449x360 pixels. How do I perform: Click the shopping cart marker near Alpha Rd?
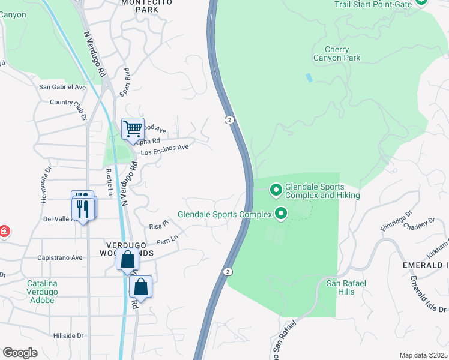[133, 128]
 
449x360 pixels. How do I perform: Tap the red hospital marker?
[4, 232]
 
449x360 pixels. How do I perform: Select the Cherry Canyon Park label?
[337, 54]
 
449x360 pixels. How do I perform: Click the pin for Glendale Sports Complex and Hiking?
[276, 190]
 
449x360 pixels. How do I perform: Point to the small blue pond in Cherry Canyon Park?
[309, 77]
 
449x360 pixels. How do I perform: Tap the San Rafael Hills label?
[340, 287]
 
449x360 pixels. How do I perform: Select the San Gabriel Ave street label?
[62, 87]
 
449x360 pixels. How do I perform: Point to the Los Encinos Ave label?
[164, 149]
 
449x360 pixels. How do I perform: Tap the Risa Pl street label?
[159, 227]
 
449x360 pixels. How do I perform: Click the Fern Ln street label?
[167, 240]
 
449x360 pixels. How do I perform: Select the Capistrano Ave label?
[60, 257]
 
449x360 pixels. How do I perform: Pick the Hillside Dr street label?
[68, 336]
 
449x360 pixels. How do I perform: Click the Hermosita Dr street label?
[44, 189]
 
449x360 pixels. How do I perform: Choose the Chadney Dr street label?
[419, 225]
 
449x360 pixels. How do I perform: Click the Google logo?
[20, 353]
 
